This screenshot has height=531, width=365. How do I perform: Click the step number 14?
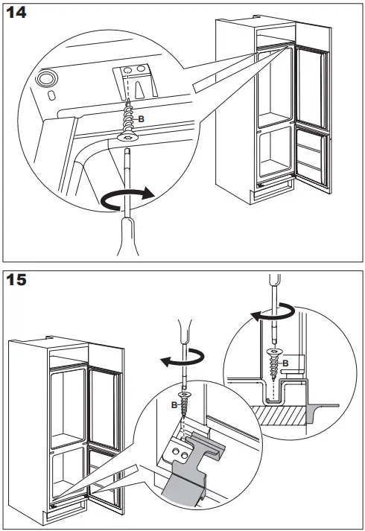pos(16,13)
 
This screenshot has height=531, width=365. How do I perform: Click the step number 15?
pos(16,280)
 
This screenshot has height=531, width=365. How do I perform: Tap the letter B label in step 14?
pos(142,119)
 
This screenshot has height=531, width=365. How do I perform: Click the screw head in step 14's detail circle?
pos(127,138)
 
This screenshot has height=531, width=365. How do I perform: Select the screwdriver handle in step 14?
pos(127,236)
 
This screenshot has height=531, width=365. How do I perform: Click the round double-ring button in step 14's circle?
pos(46,78)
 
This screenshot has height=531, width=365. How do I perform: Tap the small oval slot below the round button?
pos(51,95)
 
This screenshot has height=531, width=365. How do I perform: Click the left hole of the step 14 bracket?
pos(127,71)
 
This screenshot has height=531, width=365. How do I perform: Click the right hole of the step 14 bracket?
pos(141,69)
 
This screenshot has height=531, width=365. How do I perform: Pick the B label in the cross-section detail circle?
pos(285,363)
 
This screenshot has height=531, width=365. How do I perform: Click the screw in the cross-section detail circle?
pos(274,363)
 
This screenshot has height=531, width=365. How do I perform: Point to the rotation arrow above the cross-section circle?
pos(273,314)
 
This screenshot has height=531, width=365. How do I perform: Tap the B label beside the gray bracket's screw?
pos(174,404)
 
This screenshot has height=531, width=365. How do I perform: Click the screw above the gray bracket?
pos(184,404)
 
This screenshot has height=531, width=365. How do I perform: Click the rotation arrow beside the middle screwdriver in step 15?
pos(182,358)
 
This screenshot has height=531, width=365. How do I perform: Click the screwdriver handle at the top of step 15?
pos(275,280)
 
